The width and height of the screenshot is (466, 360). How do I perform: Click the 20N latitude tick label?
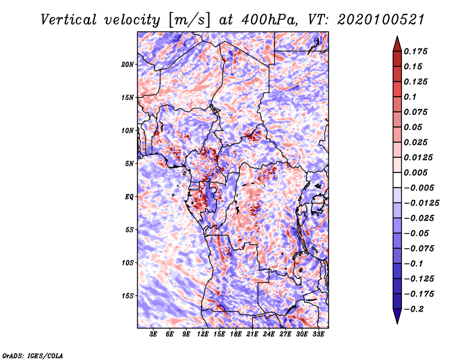tap(128, 65)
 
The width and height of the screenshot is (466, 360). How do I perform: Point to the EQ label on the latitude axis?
tap(129, 197)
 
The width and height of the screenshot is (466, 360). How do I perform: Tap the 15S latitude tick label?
tap(128, 296)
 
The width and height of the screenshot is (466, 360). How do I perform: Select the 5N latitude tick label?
tap(129, 164)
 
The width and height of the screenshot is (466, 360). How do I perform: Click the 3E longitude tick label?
tap(153, 334)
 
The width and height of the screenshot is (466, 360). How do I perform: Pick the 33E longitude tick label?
tap(318, 334)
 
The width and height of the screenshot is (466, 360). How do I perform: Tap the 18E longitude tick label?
tap(236, 334)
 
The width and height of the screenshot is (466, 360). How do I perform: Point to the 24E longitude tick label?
tap(269, 334)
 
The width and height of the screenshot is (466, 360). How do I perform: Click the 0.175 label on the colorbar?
tap(415, 51)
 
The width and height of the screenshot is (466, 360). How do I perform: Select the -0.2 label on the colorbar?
tap(414, 309)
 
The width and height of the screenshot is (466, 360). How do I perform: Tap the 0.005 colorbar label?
tap(415, 172)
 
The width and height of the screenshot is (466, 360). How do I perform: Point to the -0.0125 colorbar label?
tap(421, 203)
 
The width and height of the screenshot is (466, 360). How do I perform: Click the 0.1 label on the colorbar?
tap(410, 97)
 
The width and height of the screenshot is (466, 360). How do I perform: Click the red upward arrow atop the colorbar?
tap(397, 44)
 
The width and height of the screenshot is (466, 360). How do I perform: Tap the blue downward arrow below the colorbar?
tap(397, 316)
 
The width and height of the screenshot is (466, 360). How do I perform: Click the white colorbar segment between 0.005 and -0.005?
tap(397, 180)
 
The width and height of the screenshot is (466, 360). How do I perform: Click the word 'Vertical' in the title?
tap(69, 20)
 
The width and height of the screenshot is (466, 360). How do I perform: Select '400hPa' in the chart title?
tap(269, 20)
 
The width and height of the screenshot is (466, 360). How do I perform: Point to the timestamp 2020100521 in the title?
tap(381, 20)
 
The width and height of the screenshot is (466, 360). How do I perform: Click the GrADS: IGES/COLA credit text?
tap(33, 355)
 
